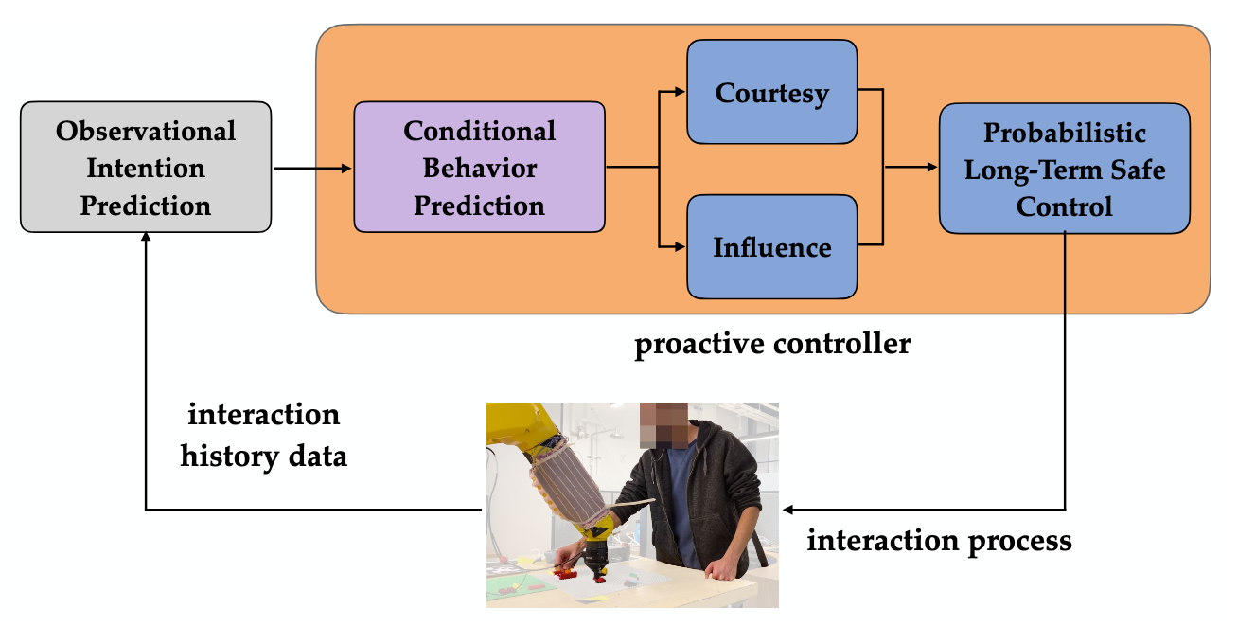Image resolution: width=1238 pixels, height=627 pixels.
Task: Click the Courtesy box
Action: [x=771, y=93]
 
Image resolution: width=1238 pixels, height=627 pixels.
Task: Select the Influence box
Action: [x=771, y=247]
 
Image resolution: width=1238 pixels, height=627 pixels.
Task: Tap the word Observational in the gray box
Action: [x=146, y=131]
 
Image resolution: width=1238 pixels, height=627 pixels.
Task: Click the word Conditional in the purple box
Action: [x=479, y=131]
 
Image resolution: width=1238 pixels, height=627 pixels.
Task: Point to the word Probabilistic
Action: [x=1064, y=133]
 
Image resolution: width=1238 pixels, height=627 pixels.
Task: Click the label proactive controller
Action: [x=771, y=343]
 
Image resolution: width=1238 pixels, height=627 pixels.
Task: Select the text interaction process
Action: [x=939, y=541]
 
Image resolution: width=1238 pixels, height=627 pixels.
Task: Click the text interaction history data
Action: [x=263, y=436]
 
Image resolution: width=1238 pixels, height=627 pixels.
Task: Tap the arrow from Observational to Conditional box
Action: [x=312, y=169]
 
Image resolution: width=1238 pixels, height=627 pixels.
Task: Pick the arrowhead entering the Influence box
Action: [x=681, y=247]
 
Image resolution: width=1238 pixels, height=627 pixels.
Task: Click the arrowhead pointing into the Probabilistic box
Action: [x=932, y=169]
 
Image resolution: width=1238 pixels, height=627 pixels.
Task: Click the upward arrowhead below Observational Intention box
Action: [x=146, y=241]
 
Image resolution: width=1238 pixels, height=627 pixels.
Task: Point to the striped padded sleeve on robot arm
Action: [x=568, y=483]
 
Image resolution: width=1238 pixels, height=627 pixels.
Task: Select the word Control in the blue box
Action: [x=1064, y=206]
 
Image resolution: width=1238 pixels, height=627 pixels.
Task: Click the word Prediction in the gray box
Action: [x=146, y=205]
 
